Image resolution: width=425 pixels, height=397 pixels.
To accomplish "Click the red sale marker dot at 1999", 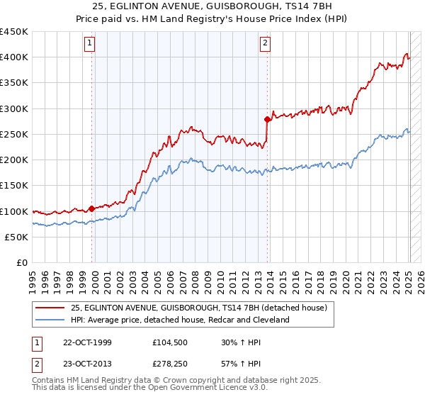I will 92,209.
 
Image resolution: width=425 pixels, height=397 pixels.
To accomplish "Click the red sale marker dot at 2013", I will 267,119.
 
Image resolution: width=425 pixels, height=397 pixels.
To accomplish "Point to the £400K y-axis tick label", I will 14,57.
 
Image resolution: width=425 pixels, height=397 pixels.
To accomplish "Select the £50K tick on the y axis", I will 17,237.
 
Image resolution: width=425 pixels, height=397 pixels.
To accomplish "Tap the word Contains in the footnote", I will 50,379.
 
